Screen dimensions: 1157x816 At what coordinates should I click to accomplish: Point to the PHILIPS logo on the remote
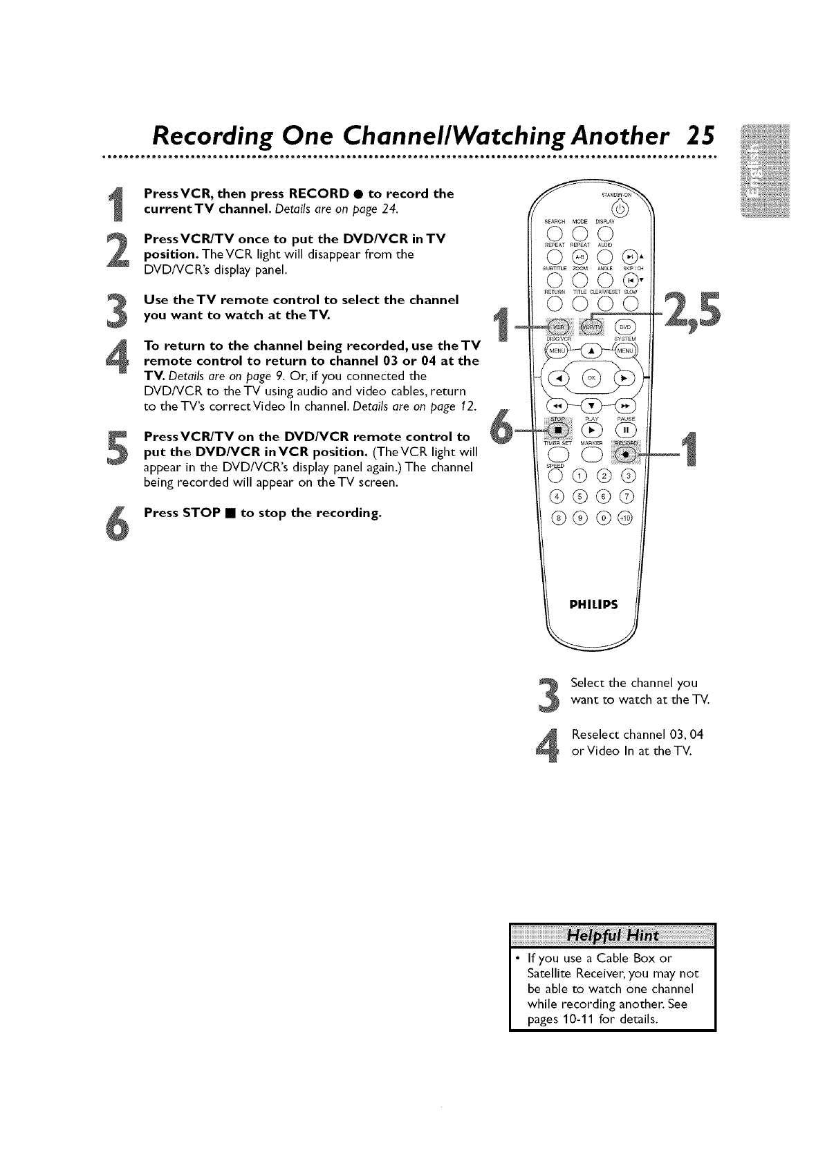[x=593, y=605]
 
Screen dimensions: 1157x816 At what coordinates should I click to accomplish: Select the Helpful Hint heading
[x=612, y=936]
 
